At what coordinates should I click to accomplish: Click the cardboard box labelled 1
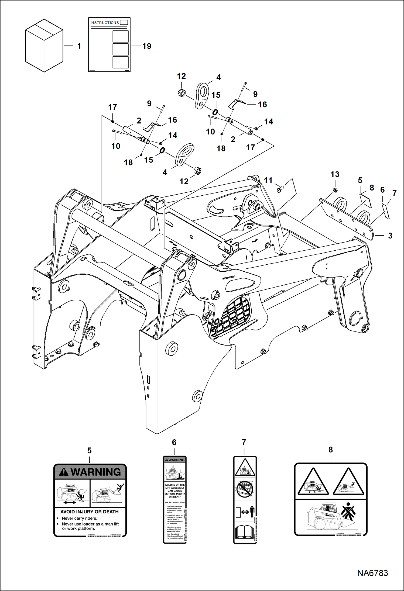[x=44, y=46]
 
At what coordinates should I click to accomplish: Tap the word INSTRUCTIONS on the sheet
[x=105, y=23]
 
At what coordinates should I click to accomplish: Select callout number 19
[x=147, y=46]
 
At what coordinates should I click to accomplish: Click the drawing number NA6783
[x=372, y=573]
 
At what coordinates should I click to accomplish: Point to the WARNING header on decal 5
[x=90, y=472]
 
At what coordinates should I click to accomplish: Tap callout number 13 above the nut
[x=335, y=174]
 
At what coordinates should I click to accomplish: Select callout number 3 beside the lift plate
[x=390, y=236]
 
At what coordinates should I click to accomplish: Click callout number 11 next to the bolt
[x=268, y=180]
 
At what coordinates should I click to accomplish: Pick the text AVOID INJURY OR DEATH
[x=89, y=511]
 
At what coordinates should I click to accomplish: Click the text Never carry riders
[x=79, y=518]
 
